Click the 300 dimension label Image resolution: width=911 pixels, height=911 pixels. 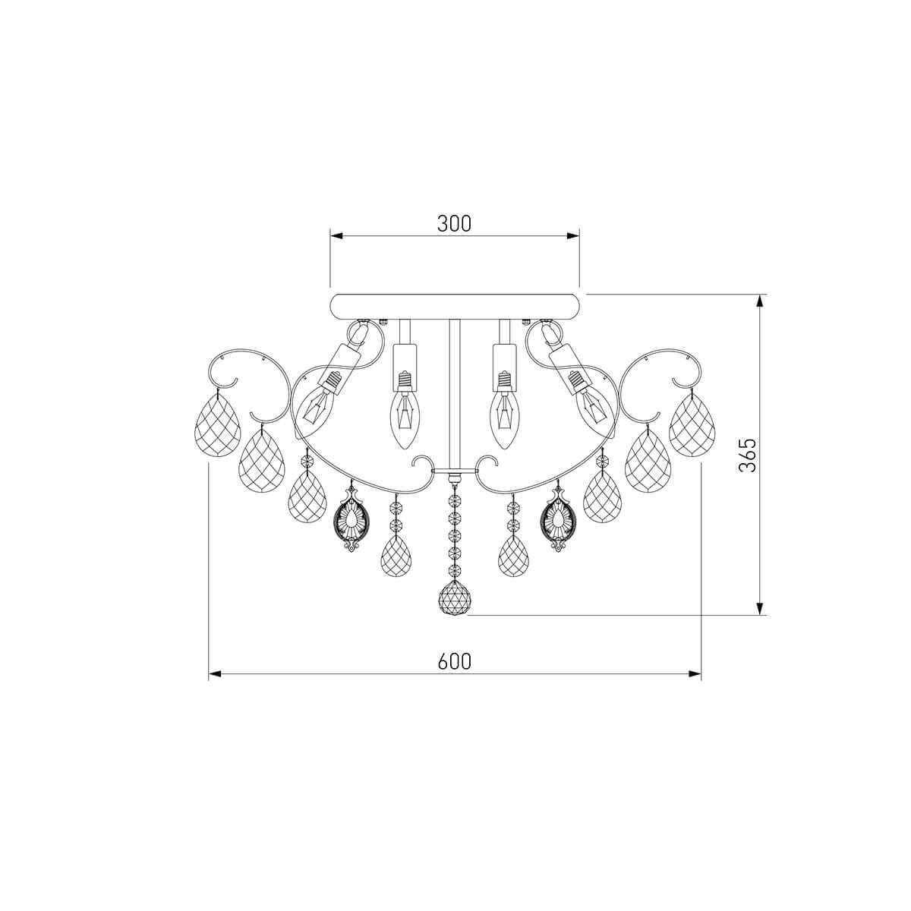(454, 224)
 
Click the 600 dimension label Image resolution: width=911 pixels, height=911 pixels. (454, 661)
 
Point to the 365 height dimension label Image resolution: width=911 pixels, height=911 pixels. (748, 455)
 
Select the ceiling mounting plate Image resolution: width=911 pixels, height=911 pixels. (454, 307)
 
